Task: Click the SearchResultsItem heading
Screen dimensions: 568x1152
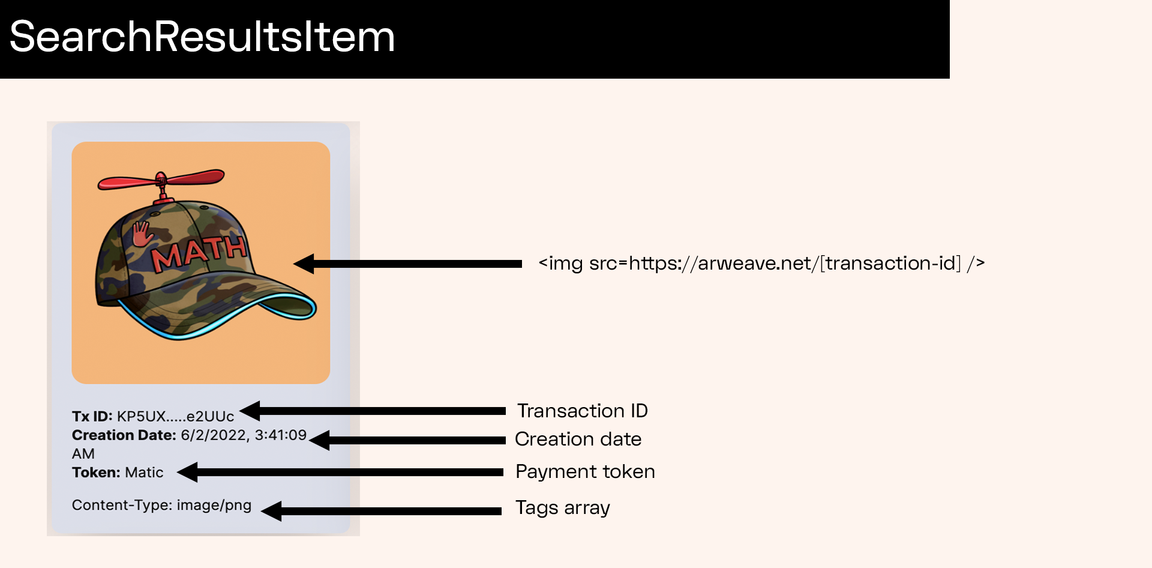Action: pyautogui.click(x=202, y=37)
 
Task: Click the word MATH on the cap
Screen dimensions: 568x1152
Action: pyautogui.click(x=199, y=253)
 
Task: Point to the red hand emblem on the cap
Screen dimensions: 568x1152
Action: pyautogui.click(x=142, y=234)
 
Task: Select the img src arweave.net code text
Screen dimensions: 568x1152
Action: pyautogui.click(x=761, y=263)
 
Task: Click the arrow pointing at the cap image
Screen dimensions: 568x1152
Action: pyautogui.click(x=408, y=264)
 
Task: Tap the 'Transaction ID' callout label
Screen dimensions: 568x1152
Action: pyautogui.click(x=582, y=411)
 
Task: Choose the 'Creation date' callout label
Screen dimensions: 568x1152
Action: pyautogui.click(x=578, y=439)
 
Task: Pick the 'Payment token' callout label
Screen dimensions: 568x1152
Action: pyautogui.click(x=585, y=471)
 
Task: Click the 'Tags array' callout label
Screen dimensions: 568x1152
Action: pyautogui.click(x=562, y=508)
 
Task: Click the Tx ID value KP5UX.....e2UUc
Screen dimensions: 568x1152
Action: pyautogui.click(x=175, y=417)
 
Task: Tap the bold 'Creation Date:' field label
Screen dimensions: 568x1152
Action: pyautogui.click(x=124, y=435)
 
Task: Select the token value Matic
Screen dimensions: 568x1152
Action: pyautogui.click(x=144, y=473)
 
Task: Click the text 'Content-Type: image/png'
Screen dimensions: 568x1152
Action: pyautogui.click(x=161, y=505)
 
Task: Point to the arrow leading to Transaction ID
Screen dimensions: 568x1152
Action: pyautogui.click(x=372, y=411)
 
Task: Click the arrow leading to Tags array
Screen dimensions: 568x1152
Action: pyautogui.click(x=382, y=511)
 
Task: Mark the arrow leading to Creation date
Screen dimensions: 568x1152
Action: pyautogui.click(x=408, y=440)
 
